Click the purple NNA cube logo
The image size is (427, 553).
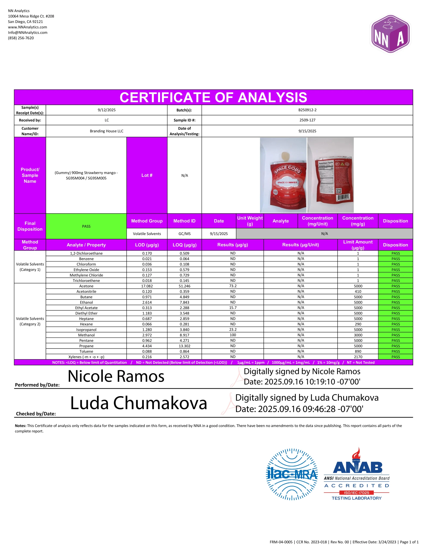click(x=390, y=34)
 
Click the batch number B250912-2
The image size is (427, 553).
click(x=307, y=110)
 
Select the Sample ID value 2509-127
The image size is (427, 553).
click(x=307, y=120)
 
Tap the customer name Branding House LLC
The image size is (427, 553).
click(x=107, y=131)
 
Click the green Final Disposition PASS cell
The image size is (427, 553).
click(x=86, y=226)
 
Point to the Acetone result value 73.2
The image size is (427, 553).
click(x=233, y=286)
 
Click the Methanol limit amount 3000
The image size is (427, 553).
click(x=358, y=335)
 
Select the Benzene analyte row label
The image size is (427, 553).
click(x=86, y=259)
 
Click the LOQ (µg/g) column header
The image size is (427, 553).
click(x=184, y=245)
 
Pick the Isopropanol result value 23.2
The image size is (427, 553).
click(x=233, y=329)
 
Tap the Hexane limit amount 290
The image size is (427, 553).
click(x=358, y=324)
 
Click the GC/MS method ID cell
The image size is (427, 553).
click(x=184, y=234)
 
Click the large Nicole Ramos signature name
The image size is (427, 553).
click(x=116, y=376)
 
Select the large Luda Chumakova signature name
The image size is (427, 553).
click(x=138, y=403)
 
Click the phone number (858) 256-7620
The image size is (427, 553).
click(x=21, y=38)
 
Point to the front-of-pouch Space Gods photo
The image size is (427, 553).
click(x=283, y=175)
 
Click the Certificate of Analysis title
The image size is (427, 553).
click(x=213, y=97)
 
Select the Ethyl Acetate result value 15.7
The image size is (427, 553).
click(x=233, y=308)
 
